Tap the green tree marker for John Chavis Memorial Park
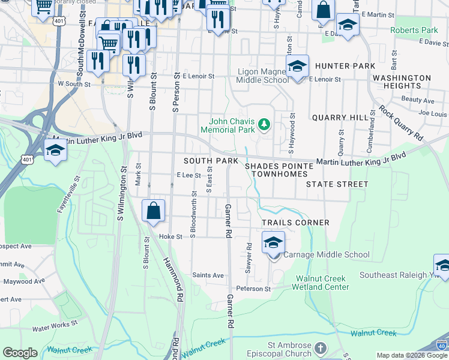(x=264, y=125)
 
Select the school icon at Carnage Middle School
(x=273, y=243)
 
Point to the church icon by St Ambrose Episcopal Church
(x=321, y=348)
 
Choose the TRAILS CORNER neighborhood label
(x=295, y=223)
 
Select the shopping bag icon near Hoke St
(x=154, y=211)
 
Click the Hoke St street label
(x=170, y=237)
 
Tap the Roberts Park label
(x=414, y=30)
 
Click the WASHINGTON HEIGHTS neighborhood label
(x=402, y=82)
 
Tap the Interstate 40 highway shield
(x=441, y=346)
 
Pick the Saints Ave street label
(x=208, y=275)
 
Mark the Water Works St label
(x=55, y=328)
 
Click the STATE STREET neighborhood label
(x=337, y=184)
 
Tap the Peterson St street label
(x=253, y=289)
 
